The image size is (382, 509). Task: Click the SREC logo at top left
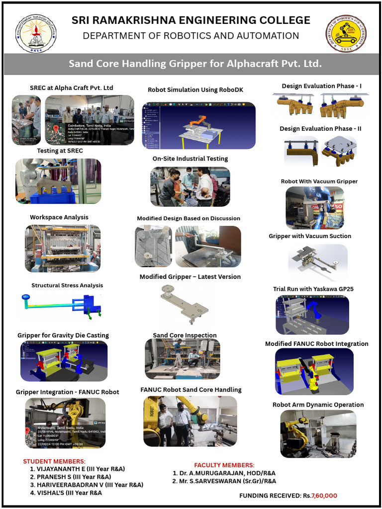coord(36,33)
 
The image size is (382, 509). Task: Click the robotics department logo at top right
coord(346,33)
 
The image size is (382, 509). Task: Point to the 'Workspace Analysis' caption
coord(59,217)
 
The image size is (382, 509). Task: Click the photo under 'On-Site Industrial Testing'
coord(190,186)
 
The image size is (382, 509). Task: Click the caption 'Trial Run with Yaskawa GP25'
coord(313,289)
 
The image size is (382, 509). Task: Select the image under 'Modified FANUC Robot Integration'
coord(314,371)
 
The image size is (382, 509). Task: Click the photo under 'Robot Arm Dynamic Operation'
coord(318,434)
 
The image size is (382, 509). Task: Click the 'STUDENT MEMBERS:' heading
coord(54,461)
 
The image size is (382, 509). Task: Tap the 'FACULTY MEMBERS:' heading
coord(224,465)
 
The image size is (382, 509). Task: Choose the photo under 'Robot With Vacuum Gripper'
coord(314,207)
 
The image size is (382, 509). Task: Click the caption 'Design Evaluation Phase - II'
coord(320,129)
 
